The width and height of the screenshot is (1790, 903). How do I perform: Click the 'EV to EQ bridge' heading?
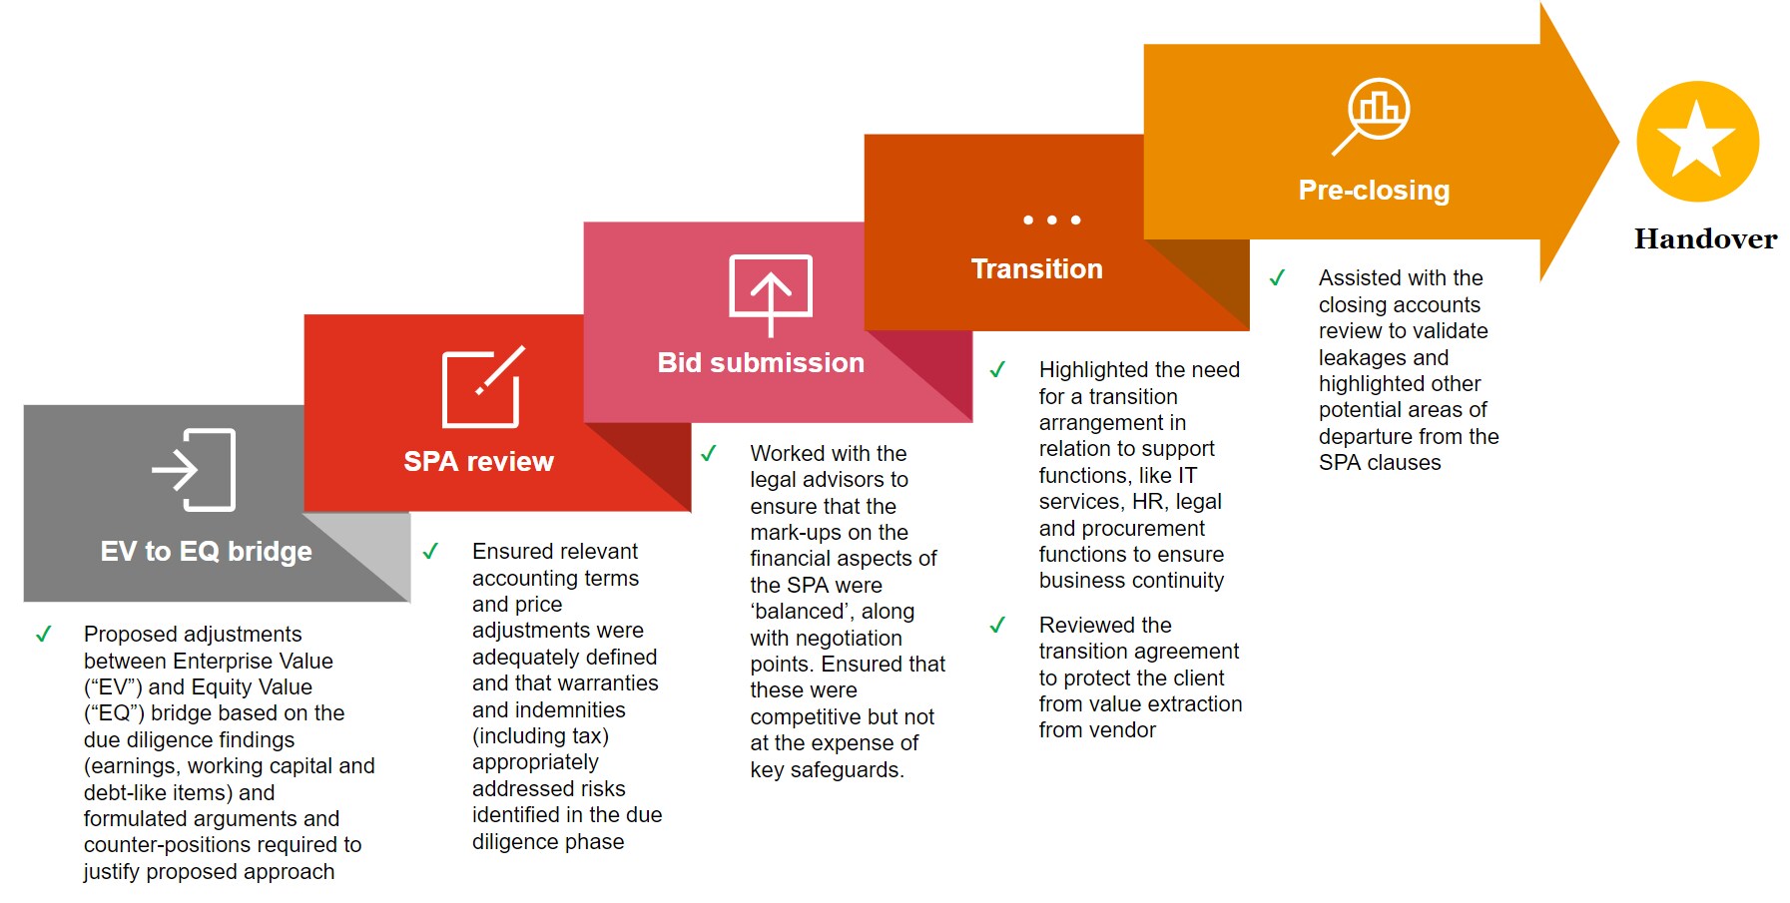(x=207, y=551)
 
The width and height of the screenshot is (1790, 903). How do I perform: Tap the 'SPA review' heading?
(x=478, y=461)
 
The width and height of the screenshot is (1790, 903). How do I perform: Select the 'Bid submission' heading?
(x=761, y=362)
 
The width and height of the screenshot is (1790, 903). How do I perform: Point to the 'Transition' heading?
(x=1036, y=268)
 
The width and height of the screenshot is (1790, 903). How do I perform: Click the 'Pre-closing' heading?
(x=1374, y=190)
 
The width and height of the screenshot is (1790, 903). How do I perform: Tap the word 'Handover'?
(x=1705, y=239)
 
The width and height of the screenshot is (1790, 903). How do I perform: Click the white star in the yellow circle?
(x=1696, y=140)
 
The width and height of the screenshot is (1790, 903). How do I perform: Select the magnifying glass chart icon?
(x=1371, y=116)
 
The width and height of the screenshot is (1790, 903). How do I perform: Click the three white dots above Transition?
(x=1052, y=220)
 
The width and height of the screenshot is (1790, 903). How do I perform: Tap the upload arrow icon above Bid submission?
(x=770, y=294)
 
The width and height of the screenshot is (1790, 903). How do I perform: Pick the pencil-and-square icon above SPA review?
(x=483, y=387)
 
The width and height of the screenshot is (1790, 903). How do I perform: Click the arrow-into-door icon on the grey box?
(x=194, y=470)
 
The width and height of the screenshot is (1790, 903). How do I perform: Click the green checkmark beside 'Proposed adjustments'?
(x=44, y=634)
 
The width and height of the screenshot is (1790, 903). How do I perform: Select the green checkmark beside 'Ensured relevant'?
(x=430, y=551)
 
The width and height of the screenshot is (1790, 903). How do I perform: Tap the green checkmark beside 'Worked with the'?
(x=709, y=453)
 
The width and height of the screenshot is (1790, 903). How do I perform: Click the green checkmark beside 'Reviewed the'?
(x=997, y=625)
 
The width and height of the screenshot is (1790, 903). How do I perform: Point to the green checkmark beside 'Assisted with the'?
(x=1277, y=277)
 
